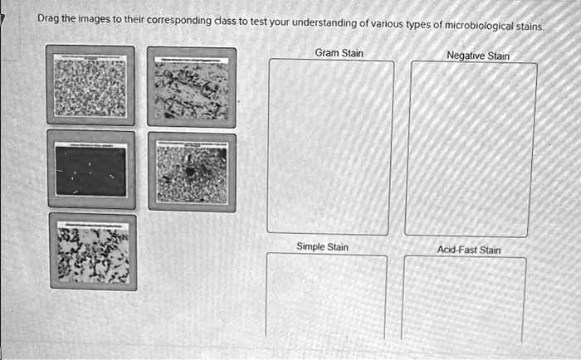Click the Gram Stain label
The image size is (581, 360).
coord(339,53)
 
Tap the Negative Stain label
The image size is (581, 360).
coord(477,56)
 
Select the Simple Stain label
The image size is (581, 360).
coord(322,246)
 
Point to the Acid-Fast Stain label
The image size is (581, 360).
coord(469,249)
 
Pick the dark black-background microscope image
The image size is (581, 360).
coord(90,169)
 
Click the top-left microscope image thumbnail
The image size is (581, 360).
coord(90,85)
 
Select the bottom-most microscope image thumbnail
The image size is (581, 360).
coord(92,251)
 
